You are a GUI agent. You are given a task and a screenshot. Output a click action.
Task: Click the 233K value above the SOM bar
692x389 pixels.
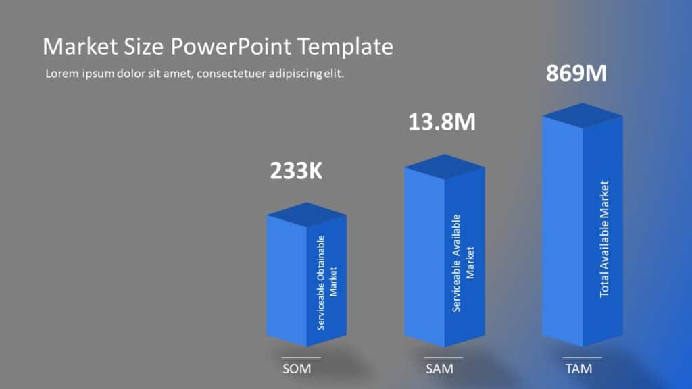tap(296, 171)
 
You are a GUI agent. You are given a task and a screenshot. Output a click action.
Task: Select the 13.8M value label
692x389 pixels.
tap(442, 122)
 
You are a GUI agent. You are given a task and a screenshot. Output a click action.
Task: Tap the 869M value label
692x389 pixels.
tap(576, 73)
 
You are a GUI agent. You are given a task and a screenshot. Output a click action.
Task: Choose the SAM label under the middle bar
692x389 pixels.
tap(439, 369)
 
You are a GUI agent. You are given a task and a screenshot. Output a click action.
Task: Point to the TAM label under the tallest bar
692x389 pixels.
tap(578, 369)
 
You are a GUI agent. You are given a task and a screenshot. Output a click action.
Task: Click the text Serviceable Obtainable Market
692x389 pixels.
tap(326, 282)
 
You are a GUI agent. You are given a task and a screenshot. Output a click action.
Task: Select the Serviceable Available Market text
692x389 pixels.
tap(464, 263)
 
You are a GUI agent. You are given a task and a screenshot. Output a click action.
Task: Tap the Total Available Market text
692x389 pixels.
tap(605, 238)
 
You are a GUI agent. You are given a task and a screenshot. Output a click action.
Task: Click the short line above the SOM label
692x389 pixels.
tap(301, 357)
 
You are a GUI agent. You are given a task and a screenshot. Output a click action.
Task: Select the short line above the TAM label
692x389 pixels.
tap(582, 357)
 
